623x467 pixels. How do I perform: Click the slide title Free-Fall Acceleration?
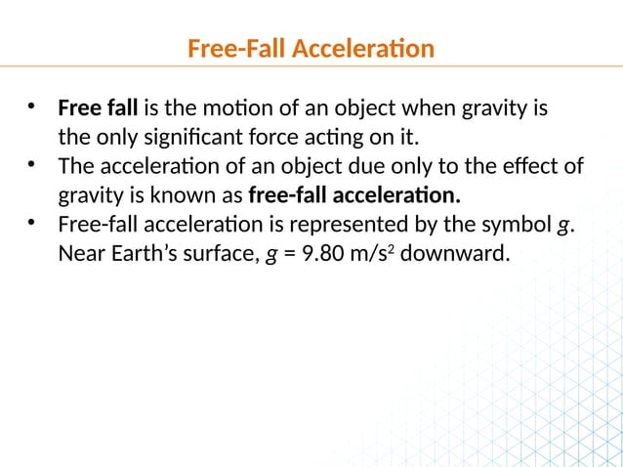click(x=311, y=48)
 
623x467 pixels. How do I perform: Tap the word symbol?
click(x=514, y=228)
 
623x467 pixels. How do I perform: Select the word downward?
click(x=455, y=255)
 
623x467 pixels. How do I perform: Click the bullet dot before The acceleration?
click(x=32, y=163)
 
